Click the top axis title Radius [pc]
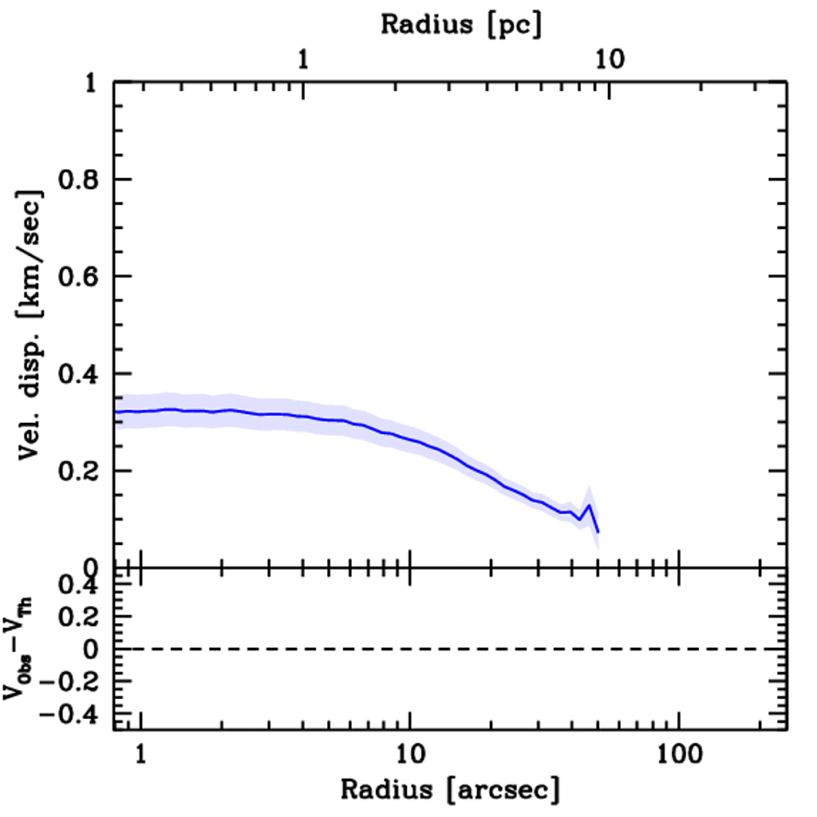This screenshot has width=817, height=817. tap(460, 25)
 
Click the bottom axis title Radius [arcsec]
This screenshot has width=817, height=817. tap(450, 790)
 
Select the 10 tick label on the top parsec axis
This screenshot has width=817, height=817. tap(610, 59)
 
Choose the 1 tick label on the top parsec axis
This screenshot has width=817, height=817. tap(303, 59)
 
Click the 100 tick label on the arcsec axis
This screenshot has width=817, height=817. tap(678, 754)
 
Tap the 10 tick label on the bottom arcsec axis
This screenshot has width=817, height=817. tap(409, 754)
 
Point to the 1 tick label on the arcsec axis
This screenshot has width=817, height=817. tap(140, 754)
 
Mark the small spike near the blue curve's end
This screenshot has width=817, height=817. tap(589, 505)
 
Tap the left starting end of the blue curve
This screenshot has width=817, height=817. tap(116, 412)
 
